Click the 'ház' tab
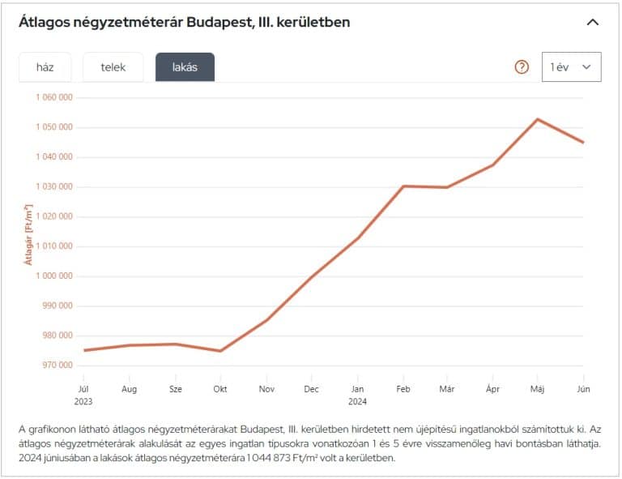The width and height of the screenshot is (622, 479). [45, 67]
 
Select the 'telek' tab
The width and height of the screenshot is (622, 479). [113, 67]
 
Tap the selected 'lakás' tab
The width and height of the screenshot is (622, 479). [185, 67]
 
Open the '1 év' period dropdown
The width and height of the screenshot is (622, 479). [571, 67]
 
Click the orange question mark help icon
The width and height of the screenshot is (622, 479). [522, 67]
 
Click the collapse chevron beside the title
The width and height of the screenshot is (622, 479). [593, 23]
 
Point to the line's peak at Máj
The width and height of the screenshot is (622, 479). [537, 119]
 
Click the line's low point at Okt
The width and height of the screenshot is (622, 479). [220, 351]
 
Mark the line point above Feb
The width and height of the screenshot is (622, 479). [403, 186]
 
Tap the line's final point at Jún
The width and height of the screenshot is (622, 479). [583, 143]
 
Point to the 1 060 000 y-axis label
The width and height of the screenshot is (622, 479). [54, 97]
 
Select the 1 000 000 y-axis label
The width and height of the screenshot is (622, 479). [54, 276]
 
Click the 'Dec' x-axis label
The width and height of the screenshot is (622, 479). [311, 389]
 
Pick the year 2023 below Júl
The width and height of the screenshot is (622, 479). [83, 400]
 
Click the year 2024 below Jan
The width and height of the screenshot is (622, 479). [357, 400]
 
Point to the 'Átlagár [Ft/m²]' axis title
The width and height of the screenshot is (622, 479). [28, 234]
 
